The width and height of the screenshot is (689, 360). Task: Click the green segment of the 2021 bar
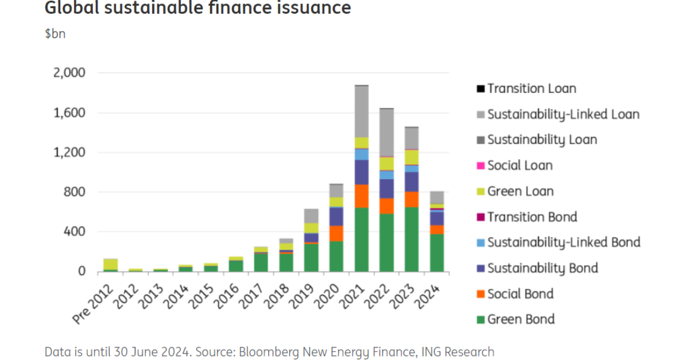pos(362,239)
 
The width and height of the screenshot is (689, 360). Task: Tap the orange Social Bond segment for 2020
pos(336,234)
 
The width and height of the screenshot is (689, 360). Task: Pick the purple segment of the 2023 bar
pos(412,181)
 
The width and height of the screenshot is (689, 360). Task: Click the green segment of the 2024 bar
pos(437,253)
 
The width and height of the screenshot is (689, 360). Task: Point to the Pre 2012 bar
pos(110,265)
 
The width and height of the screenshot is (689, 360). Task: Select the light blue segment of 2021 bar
pos(362,154)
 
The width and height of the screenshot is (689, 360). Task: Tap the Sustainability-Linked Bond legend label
pos(563,242)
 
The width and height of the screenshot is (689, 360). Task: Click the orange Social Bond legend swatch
pos(480,295)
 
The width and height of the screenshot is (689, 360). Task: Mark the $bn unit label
pos(55,33)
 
